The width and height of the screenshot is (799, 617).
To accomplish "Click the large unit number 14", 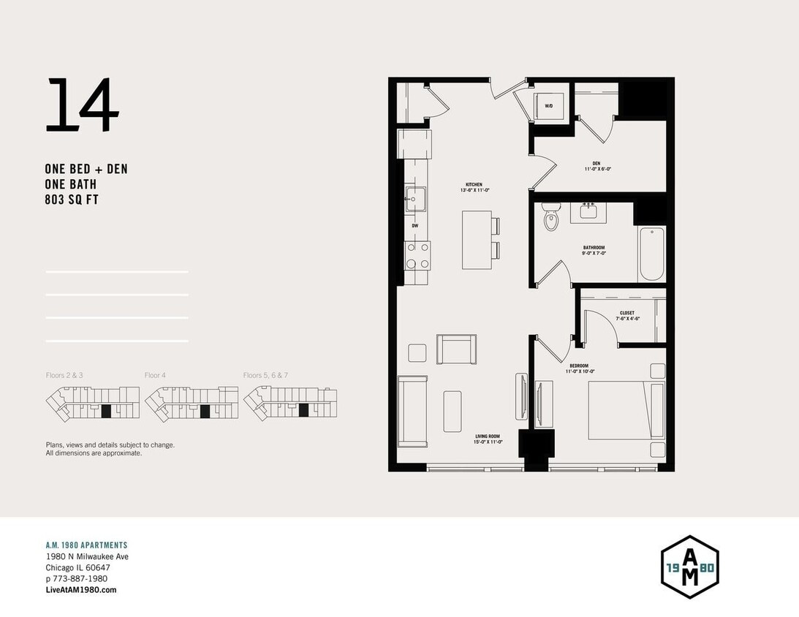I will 82,106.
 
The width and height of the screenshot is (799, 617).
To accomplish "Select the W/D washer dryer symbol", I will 549,105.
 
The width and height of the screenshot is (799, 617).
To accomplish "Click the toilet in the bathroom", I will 550,218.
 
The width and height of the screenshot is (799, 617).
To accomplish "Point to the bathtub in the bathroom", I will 652,254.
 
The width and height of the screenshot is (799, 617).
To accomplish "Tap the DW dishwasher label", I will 415,226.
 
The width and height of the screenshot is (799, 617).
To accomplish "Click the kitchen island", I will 477,240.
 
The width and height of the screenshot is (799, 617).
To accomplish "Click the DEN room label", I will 597,163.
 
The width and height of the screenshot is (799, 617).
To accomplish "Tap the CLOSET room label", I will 627,313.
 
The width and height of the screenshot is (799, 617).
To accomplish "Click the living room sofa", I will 412,411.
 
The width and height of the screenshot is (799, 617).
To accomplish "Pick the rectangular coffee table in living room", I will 452,411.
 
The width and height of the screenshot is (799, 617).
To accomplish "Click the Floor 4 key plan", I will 192,404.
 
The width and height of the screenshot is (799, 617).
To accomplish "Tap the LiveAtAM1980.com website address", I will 80,589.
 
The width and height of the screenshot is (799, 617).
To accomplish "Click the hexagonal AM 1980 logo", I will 689,567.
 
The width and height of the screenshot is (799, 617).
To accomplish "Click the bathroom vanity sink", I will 588,211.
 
